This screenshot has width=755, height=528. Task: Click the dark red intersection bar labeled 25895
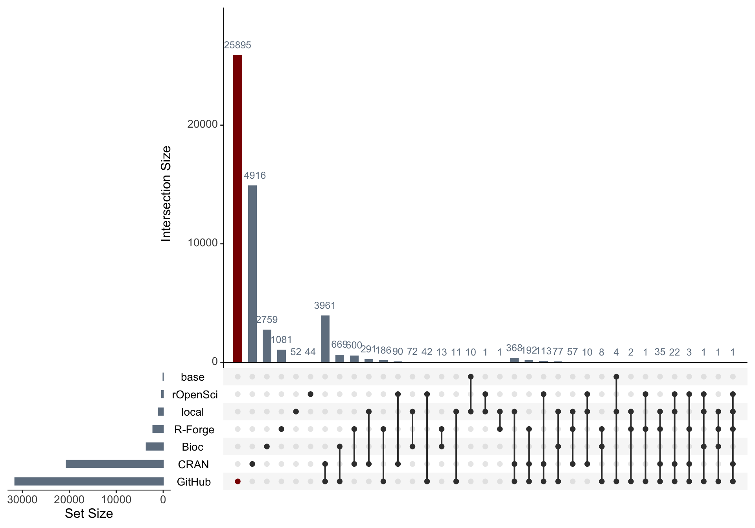click(x=238, y=208)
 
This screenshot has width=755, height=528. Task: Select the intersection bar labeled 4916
click(x=252, y=273)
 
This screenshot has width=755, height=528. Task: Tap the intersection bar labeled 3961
click(x=325, y=339)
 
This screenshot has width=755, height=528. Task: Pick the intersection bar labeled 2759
click(x=267, y=346)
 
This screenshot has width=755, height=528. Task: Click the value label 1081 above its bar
click(x=281, y=339)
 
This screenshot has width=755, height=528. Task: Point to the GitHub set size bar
click(x=89, y=482)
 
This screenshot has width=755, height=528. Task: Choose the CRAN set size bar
click(x=114, y=464)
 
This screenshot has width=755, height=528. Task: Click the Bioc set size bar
click(x=155, y=447)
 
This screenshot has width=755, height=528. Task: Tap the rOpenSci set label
click(x=195, y=394)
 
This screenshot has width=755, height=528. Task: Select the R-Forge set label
click(x=194, y=429)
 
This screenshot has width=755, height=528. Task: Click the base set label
click(x=193, y=377)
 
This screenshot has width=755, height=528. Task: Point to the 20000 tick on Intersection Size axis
click(x=203, y=124)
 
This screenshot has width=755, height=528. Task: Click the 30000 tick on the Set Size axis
click(x=22, y=500)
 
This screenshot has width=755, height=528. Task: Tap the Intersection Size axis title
click(x=166, y=193)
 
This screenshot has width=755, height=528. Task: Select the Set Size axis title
click(x=89, y=513)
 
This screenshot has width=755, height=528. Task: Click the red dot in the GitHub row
click(x=238, y=481)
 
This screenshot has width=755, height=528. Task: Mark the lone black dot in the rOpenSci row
click(x=310, y=394)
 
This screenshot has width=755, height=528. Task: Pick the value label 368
click(x=514, y=348)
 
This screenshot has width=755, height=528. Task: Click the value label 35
click(x=660, y=352)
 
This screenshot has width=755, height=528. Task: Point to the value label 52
click(x=296, y=352)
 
